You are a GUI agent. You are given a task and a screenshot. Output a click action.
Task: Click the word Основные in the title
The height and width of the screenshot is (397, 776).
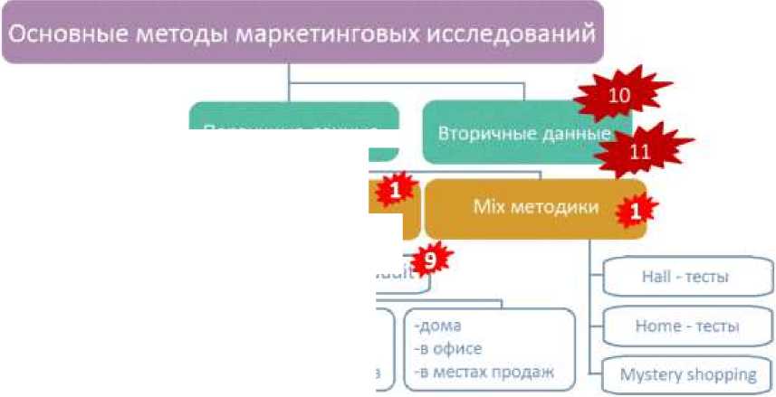click(64, 33)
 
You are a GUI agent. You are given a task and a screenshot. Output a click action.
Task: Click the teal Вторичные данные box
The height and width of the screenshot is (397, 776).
click(516, 133)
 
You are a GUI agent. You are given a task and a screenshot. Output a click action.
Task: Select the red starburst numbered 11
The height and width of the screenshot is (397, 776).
click(640, 152)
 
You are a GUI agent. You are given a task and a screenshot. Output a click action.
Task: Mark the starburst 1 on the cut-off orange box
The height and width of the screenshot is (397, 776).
click(395, 190)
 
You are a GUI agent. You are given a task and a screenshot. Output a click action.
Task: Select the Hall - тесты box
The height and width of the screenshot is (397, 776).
click(685, 277)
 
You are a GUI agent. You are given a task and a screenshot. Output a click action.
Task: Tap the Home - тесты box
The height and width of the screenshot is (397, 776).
click(685, 326)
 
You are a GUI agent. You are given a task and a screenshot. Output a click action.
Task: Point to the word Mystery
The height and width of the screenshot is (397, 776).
click(653, 373)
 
